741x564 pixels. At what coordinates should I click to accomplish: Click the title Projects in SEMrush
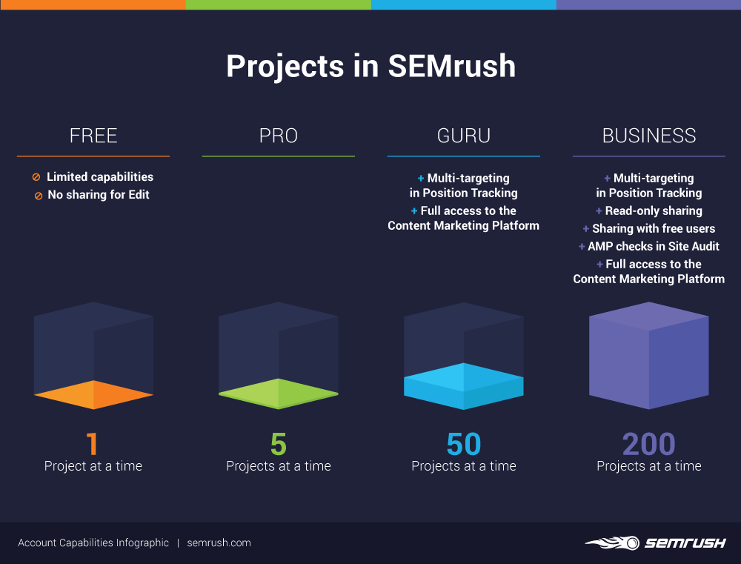click(x=370, y=66)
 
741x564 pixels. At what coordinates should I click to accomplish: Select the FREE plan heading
click(x=93, y=136)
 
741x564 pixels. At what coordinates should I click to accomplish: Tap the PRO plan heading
click(x=279, y=136)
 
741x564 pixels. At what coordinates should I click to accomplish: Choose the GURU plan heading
click(x=464, y=136)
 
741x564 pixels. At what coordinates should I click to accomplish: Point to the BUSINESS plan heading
click(x=649, y=136)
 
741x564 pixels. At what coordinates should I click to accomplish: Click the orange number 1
click(x=92, y=444)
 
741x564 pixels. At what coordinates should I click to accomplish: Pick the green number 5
click(x=279, y=444)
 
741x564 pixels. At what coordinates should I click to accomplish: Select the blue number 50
click(x=464, y=444)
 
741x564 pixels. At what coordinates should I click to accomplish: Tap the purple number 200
click(x=649, y=444)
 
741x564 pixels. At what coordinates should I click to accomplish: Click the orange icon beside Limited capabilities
click(x=36, y=177)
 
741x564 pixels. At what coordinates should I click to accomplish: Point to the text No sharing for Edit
click(x=99, y=195)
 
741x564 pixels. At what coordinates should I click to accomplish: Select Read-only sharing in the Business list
click(x=654, y=210)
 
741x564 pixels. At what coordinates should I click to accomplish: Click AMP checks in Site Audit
click(x=654, y=246)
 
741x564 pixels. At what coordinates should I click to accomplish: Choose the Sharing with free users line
click(x=654, y=229)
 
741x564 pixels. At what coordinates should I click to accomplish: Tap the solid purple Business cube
click(x=649, y=356)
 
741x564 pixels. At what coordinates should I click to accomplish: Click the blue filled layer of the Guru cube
click(x=464, y=386)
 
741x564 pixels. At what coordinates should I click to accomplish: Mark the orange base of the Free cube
click(x=93, y=395)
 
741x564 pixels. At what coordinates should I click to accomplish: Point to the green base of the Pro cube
click(x=279, y=394)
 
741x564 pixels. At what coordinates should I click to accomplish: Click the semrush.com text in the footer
click(x=219, y=543)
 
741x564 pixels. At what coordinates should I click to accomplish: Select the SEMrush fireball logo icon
click(x=613, y=543)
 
